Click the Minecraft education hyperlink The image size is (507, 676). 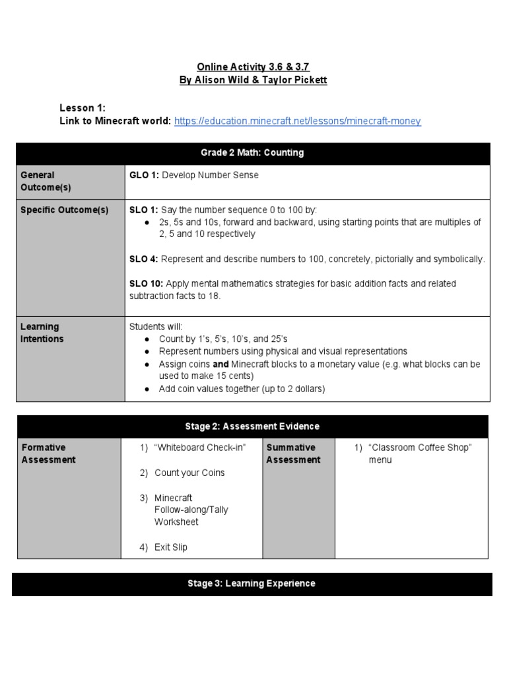point(297,121)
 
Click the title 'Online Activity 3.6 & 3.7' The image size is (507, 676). point(253,67)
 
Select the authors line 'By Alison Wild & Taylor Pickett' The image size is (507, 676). point(253,80)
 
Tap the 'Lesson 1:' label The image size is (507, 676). point(83,108)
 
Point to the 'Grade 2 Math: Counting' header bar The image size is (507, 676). point(253,153)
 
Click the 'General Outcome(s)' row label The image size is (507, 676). point(46,182)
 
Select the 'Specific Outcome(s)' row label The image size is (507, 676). point(64,210)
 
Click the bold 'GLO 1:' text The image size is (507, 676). point(143,176)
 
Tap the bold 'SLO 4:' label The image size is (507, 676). point(143,259)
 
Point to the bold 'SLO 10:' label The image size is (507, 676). point(146,284)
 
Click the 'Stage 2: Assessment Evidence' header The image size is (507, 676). point(253,426)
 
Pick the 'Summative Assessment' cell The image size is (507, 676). point(293,454)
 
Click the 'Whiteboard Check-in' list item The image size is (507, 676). point(199,448)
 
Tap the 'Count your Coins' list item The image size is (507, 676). point(189,473)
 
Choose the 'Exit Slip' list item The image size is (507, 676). point(171,547)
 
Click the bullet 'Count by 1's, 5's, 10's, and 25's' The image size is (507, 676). point(223,339)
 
